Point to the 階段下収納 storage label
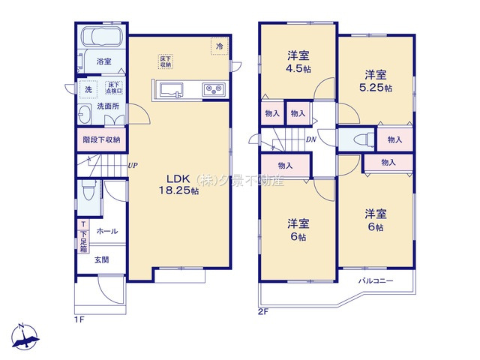click(x=102, y=139)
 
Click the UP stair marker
click(x=132, y=166)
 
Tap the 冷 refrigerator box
click(x=219, y=46)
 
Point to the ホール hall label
click(x=106, y=231)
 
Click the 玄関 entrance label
click(x=102, y=260)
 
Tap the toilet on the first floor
click(x=88, y=193)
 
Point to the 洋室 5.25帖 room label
click(x=376, y=80)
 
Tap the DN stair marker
click(x=310, y=139)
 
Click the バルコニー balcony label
click(x=375, y=280)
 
